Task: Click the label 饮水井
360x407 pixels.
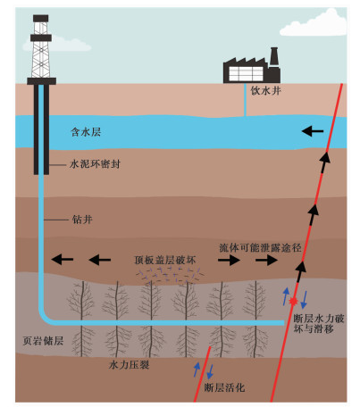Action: [265, 90]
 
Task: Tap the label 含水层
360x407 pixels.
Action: [86, 132]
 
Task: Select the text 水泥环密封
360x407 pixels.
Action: [95, 164]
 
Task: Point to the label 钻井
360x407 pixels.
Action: [82, 220]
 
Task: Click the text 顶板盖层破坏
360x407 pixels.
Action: [165, 260]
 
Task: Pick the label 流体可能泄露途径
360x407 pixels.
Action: [261, 247]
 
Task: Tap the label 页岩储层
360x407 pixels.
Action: [43, 341]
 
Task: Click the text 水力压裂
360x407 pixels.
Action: [129, 365]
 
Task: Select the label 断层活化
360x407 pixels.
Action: [224, 387]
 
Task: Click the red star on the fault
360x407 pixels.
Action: [294, 302]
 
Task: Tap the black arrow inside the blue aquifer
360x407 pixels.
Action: [313, 131]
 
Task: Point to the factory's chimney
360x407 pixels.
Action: [274, 56]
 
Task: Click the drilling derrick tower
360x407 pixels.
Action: [41, 50]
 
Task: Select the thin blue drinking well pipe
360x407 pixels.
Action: [245, 100]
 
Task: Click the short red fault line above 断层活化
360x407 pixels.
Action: [203, 374]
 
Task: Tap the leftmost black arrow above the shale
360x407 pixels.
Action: [63, 259]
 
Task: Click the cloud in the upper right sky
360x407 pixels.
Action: [314, 23]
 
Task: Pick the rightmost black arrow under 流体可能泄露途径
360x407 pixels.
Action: [266, 260]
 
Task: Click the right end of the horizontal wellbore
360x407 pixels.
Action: [283, 323]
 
